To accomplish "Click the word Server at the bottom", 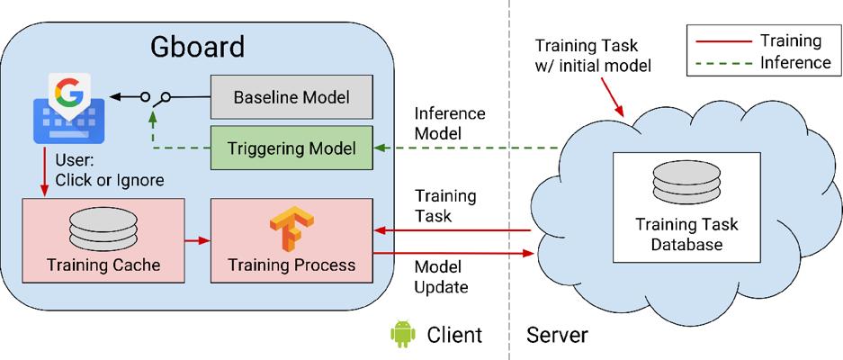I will (557, 336).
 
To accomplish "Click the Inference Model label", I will (450, 124).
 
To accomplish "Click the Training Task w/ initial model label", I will (591, 54).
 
